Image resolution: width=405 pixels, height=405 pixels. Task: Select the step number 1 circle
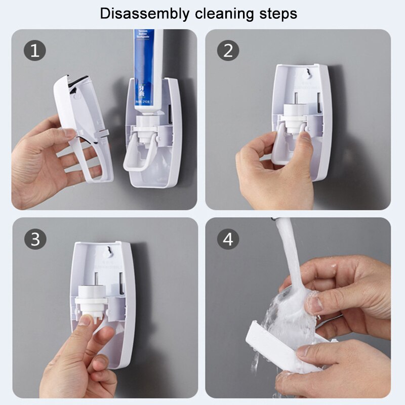[x=34, y=51]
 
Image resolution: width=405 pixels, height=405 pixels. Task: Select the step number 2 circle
[x=228, y=51]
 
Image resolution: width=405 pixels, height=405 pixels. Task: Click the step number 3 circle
[x=34, y=239]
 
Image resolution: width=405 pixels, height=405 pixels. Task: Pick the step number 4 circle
[x=228, y=239]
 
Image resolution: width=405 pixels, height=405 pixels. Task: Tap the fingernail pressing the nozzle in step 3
[x=85, y=320]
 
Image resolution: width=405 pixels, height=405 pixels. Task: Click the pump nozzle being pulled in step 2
[x=293, y=124]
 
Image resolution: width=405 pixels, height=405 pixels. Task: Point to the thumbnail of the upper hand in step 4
[x=314, y=304]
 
